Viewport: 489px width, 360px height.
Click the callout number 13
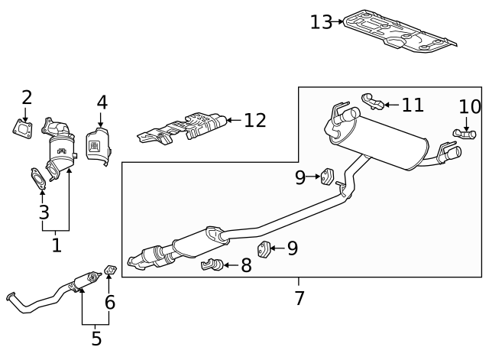pos(321,22)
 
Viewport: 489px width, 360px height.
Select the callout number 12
pos(254,120)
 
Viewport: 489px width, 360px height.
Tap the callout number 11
pos(413,104)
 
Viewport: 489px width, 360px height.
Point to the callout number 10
pos(470,107)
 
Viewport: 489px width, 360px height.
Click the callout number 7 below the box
pos(300,298)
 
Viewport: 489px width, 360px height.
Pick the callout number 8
pos(246,266)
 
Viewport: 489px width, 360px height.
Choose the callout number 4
pos(102,102)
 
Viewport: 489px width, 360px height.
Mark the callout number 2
pos(27,98)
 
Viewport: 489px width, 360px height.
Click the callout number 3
pos(44,212)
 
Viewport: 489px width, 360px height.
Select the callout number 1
pos(56,245)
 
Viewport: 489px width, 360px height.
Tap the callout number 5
pos(96,338)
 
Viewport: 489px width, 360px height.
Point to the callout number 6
pos(110,303)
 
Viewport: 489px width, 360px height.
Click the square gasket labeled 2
pos(26,128)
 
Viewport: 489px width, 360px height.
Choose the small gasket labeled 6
pos(109,270)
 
